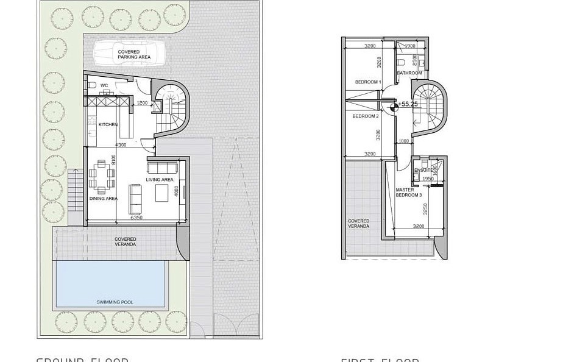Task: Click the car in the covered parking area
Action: pos(133,54)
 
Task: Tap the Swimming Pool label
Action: pos(115,302)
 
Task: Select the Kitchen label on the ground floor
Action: pos(108,125)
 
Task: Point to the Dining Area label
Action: pos(103,199)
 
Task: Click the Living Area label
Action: pos(160,180)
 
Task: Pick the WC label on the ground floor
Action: pos(104,85)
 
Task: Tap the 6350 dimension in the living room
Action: pos(136,217)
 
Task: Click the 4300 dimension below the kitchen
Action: pos(121,144)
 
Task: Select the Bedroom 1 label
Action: pos(368,82)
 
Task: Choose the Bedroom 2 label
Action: pos(366,116)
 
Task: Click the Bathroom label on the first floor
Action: pos(409,73)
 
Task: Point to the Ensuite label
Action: pos(423,170)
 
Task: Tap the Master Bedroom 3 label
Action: pos(408,193)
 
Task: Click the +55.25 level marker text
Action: pos(409,104)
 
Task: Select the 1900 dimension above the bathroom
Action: pos(410,46)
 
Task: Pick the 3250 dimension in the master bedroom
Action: pos(426,208)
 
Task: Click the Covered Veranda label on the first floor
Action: pos(358,224)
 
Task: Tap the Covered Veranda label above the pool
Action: pos(126,242)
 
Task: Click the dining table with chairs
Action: pos(102,177)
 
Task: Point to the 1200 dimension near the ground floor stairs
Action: pos(142,103)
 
